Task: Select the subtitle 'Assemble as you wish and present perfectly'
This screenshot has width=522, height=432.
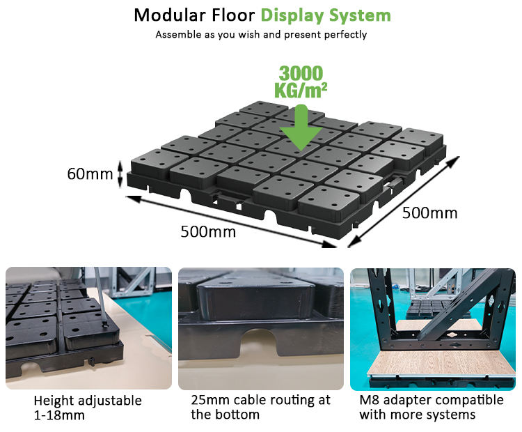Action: (260, 34)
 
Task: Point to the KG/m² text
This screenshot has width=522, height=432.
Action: (301, 91)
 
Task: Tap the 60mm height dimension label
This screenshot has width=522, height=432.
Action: (90, 173)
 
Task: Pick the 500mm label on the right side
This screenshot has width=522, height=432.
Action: (430, 213)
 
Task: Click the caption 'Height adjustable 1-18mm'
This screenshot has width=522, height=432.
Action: (88, 408)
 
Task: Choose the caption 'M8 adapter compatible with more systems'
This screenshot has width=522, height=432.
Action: (431, 408)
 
